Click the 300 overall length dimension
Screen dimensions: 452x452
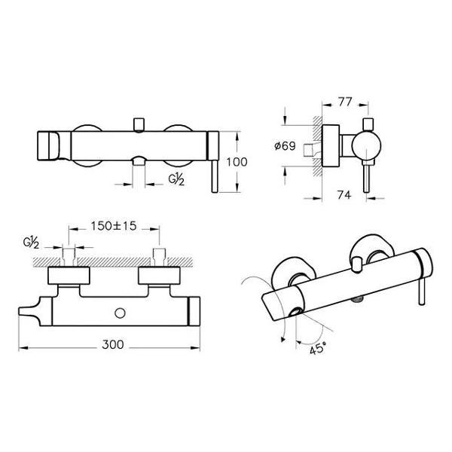tap(113, 344)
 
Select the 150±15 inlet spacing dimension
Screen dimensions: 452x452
tap(114, 226)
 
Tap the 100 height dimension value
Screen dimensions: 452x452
tap(237, 162)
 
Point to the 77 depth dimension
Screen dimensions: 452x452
tap(345, 102)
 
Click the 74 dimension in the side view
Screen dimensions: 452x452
tap(344, 195)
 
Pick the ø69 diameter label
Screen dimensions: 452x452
tap(285, 146)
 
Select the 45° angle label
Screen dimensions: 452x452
tap(318, 350)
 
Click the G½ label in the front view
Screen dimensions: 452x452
tap(176, 179)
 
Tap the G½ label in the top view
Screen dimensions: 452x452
tap(31, 243)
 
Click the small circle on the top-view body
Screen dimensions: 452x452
tap(120, 313)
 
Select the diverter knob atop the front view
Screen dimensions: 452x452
tap(139, 124)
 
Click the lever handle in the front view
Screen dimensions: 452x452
tap(215, 176)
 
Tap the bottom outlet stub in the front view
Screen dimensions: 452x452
tap(139, 162)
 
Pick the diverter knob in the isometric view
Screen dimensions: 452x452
tap(358, 264)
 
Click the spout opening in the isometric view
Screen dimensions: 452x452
tap(295, 312)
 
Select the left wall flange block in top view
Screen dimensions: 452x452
tap(69, 276)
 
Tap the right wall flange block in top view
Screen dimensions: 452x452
tap(159, 276)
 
